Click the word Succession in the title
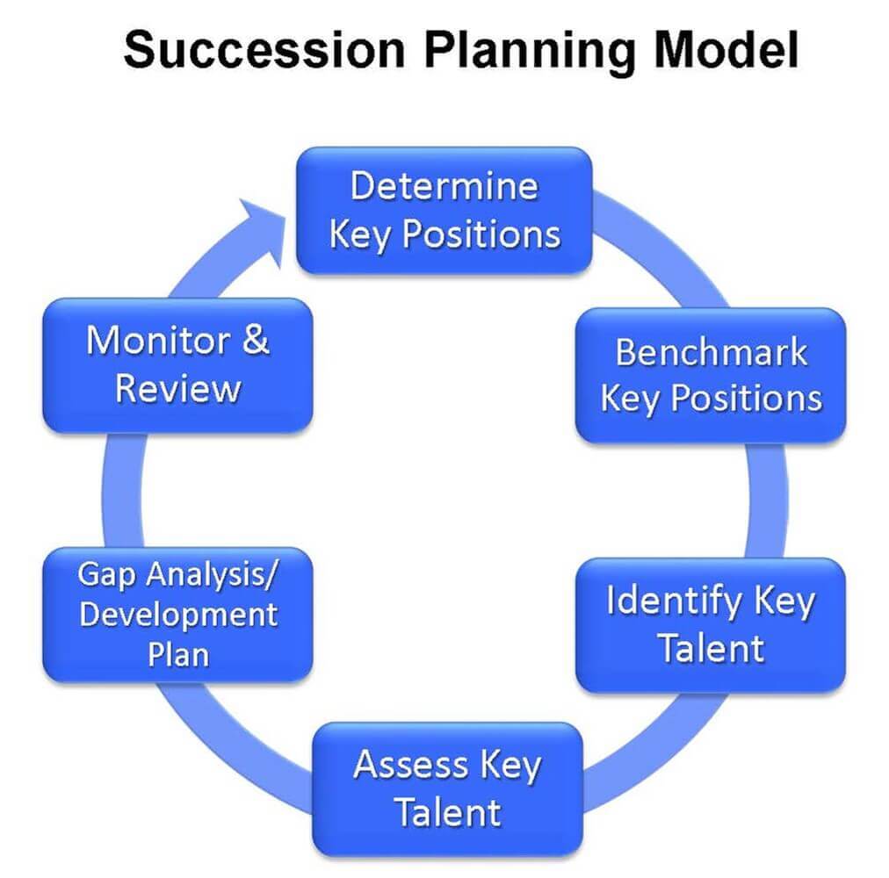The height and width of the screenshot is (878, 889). tap(264, 50)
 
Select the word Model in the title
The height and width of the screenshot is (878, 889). tap(726, 50)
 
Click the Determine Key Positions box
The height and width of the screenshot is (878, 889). tap(444, 211)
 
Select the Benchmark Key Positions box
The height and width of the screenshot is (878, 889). tap(711, 375)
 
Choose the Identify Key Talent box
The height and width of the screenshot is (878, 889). tap(711, 624)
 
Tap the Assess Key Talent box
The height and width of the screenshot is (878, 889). tap(447, 789)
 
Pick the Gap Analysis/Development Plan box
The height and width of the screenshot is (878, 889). tap(178, 615)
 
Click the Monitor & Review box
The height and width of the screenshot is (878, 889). tap(178, 365)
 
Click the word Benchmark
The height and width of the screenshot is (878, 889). tap(711, 353)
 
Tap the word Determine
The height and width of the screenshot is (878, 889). tap(444, 186)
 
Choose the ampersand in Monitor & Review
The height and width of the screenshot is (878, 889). tap(256, 340)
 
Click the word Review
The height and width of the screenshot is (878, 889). tap(178, 390)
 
